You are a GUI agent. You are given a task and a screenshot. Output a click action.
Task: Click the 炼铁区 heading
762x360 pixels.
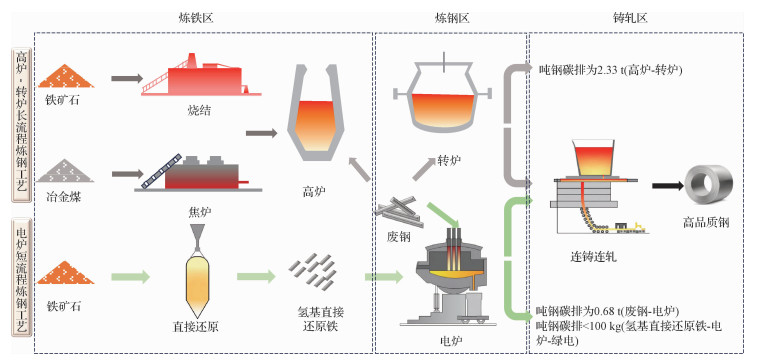click(x=196, y=18)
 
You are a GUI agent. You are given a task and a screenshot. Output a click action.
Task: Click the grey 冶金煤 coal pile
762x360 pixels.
click(x=66, y=171)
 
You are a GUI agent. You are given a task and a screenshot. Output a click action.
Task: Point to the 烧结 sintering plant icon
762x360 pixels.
click(x=201, y=74)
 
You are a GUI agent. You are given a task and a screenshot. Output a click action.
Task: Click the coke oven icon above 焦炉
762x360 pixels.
click(x=198, y=173)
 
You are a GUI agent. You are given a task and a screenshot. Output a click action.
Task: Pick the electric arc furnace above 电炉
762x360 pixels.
click(x=450, y=276)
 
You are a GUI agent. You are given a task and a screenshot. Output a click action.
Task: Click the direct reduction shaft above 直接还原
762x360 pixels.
click(x=197, y=269)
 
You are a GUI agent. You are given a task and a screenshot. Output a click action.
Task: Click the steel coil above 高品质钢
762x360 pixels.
click(x=708, y=187)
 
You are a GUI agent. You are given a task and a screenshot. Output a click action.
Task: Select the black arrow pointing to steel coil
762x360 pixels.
click(x=667, y=186)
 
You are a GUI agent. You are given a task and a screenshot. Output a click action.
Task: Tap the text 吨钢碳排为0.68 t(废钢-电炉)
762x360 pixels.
click(x=607, y=311)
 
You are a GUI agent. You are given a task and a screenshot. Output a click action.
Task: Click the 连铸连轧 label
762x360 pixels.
click(x=593, y=257)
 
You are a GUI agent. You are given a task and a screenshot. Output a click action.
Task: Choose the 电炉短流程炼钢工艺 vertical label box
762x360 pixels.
click(x=22, y=277)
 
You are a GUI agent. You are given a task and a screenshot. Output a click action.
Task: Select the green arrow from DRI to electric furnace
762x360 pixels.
click(x=384, y=277)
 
